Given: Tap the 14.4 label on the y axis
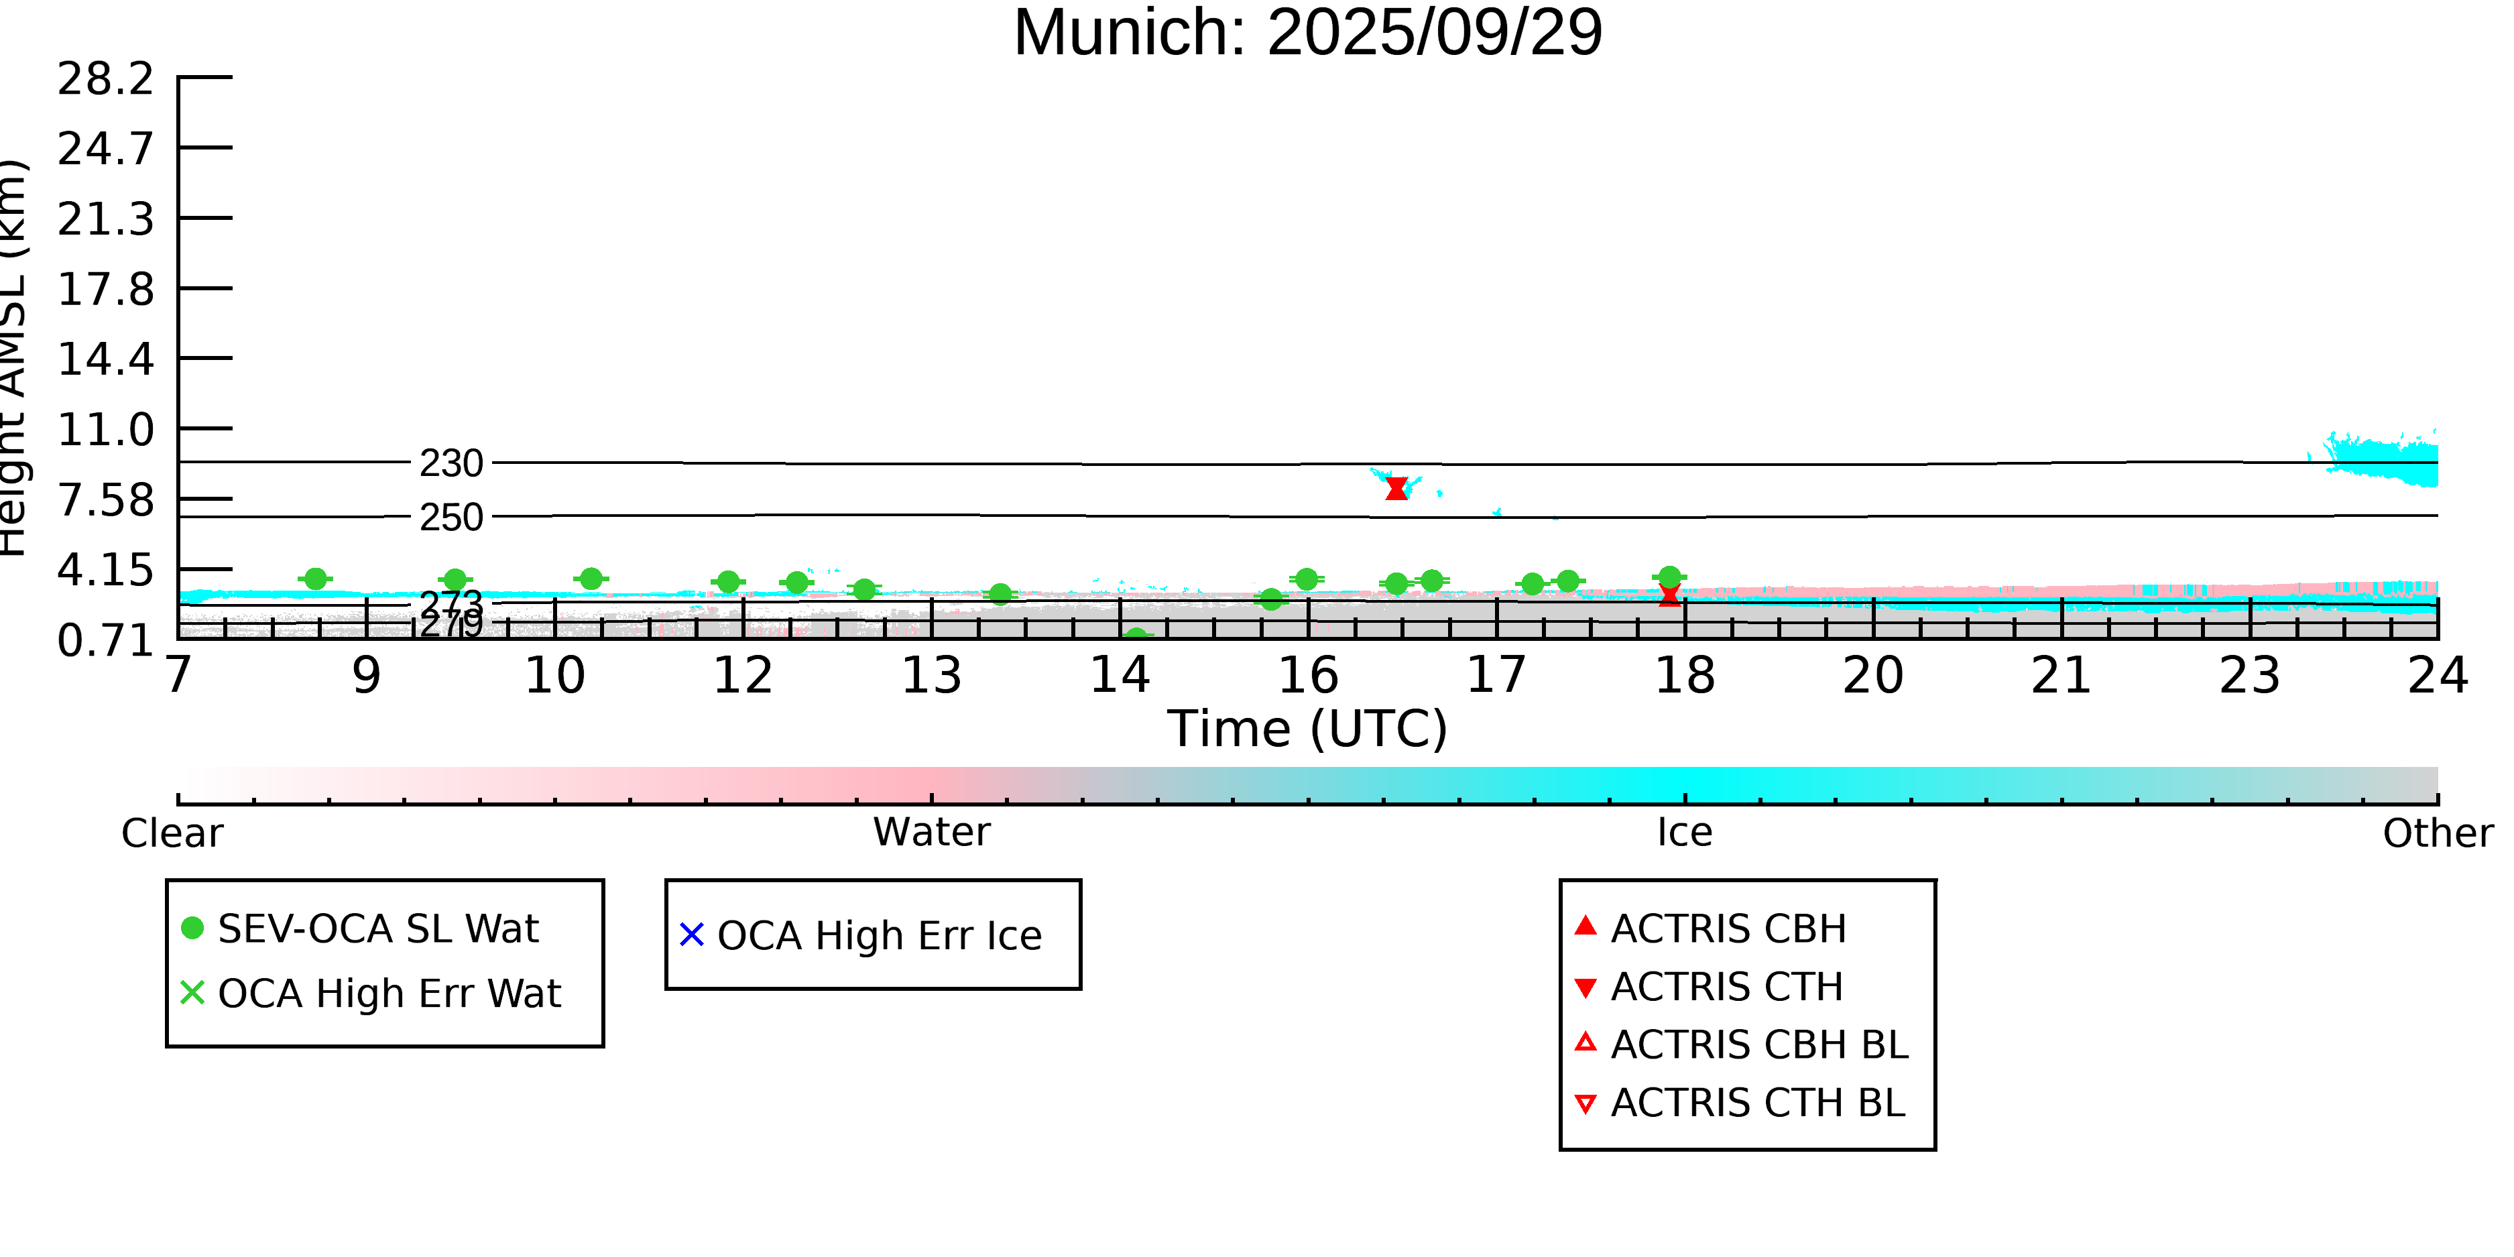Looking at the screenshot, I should coord(105,360).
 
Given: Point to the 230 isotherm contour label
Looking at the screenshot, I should coord(451,463).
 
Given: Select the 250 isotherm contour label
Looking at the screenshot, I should coord(451,518).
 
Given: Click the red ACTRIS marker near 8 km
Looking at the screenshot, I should coord(1396,488).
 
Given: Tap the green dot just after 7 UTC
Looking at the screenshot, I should coord(315,579).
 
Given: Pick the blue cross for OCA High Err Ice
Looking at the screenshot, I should coord(692,935).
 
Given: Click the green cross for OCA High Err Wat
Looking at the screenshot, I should coord(192,992).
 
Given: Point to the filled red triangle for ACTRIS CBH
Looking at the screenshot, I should coord(1586,926).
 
